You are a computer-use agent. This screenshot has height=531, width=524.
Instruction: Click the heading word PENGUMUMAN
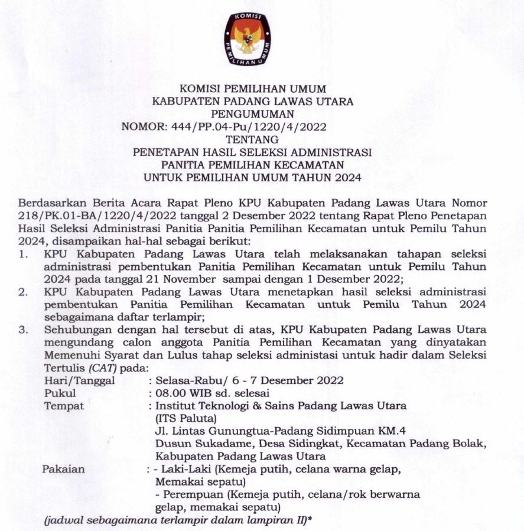click(x=253, y=113)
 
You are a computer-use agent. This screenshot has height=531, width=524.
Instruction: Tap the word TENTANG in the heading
click(x=253, y=139)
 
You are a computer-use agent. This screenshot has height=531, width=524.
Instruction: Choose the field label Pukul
click(x=60, y=393)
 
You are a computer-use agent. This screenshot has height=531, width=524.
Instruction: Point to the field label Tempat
click(x=64, y=406)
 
